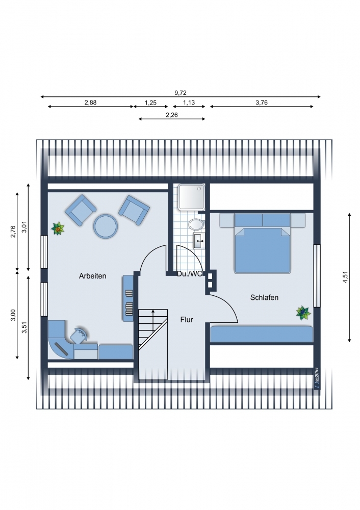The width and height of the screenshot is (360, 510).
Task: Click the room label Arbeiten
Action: [93, 276]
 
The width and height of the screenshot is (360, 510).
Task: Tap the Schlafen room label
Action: [264, 297]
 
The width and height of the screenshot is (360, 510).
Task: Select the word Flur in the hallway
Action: [187, 320]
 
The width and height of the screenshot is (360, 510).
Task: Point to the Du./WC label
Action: [190, 274]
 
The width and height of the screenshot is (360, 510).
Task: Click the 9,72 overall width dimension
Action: [181, 93]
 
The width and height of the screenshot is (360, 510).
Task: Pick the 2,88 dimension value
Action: [90, 103]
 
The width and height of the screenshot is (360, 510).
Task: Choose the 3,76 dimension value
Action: [262, 103]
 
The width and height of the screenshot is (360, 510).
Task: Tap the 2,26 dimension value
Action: [172, 115]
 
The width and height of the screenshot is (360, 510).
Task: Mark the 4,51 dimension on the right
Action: [345, 277]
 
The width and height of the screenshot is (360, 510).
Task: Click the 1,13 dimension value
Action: [189, 103]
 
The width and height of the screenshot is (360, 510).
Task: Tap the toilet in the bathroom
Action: [196, 224]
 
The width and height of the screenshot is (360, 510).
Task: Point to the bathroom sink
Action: [199, 241]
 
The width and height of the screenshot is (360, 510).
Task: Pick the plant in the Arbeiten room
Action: [58, 228]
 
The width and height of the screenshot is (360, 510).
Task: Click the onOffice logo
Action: [317, 377]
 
